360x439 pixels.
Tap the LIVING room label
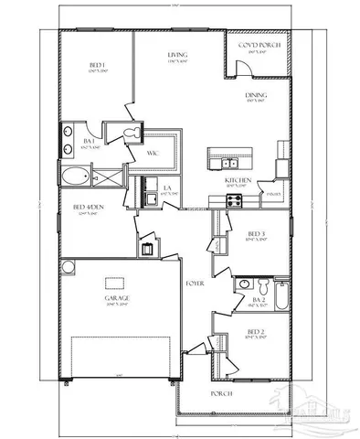click(177, 56)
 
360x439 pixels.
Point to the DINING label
click(256, 95)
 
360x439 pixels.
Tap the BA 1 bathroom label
click(90, 141)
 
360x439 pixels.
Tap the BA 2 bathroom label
click(257, 299)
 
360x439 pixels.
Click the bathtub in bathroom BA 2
click(282, 296)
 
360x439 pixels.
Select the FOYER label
click(194, 284)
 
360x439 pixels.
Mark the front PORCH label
click(220, 393)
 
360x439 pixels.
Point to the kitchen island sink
click(228, 164)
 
